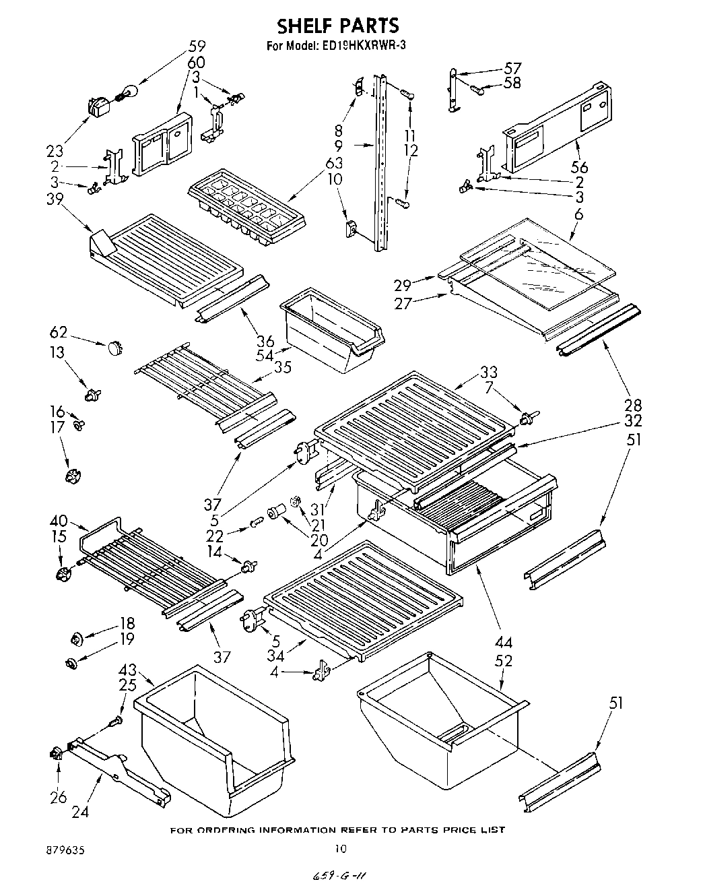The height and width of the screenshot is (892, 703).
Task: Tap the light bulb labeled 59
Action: (127, 92)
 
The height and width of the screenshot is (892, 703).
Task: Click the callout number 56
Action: (579, 167)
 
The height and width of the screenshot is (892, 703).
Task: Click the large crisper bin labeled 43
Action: (215, 738)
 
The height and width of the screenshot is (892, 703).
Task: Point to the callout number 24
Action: (79, 812)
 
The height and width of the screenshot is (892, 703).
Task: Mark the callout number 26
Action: (58, 797)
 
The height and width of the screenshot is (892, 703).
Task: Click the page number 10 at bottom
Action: (341, 848)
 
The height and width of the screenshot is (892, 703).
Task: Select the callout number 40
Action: (59, 520)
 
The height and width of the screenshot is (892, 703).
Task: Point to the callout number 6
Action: (579, 214)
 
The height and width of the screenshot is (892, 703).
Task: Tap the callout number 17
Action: (59, 427)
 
